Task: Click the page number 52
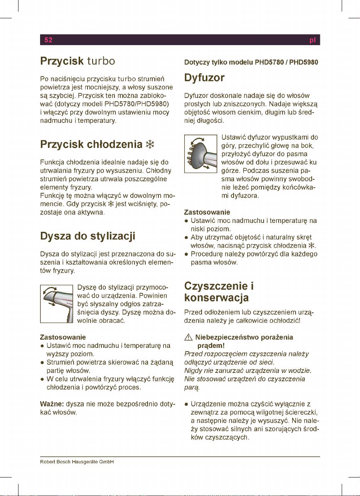[x=48, y=40]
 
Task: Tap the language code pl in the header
[x=313, y=40]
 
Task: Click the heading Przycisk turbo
[x=78, y=61]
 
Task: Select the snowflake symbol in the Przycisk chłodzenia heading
[x=150, y=145]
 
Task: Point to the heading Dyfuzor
[x=204, y=78]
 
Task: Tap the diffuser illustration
[x=201, y=154]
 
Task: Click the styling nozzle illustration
[x=57, y=304]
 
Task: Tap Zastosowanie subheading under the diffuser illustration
[x=207, y=212]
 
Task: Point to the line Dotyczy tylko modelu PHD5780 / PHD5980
[x=251, y=62]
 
